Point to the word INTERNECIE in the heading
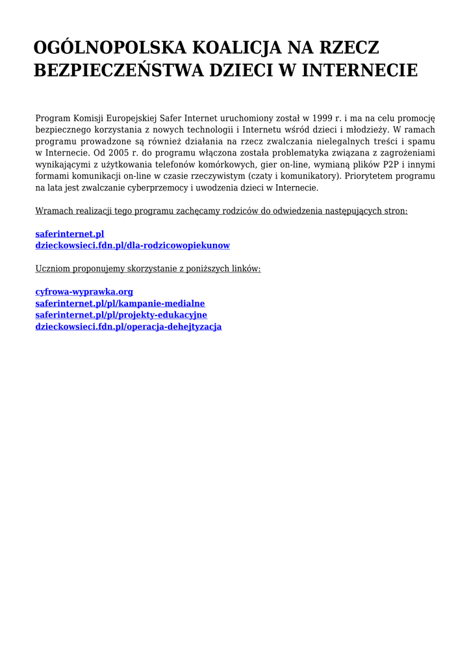[360, 70]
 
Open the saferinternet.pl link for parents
[70, 234]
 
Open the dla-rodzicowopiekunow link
[132, 246]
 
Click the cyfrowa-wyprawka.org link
[84, 292]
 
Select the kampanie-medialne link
[120, 304]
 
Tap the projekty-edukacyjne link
[121, 315]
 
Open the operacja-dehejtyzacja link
[128, 326]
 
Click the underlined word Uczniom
[51, 269]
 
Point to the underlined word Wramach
[53, 211]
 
